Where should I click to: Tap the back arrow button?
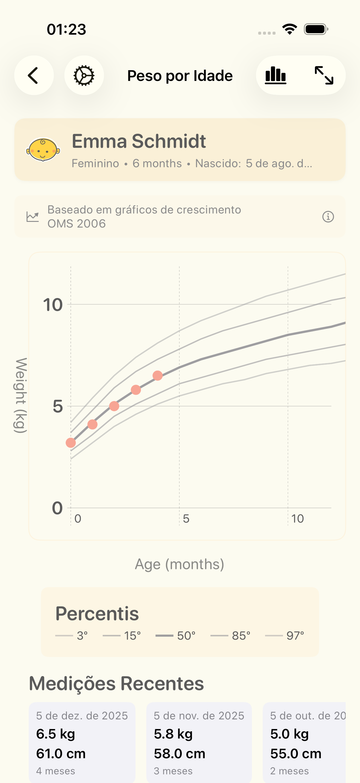[x=34, y=75]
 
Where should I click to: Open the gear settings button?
[x=84, y=75]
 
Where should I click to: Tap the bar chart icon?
[x=276, y=75]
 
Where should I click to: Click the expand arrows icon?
[x=324, y=75]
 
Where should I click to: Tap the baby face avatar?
[x=43, y=150]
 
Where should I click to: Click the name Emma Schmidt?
[x=139, y=141]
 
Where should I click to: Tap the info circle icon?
[x=328, y=217]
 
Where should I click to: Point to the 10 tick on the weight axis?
[x=53, y=305]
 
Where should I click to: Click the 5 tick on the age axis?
[x=186, y=518]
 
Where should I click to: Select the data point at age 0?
[x=71, y=443]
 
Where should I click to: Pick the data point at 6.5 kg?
[x=158, y=376]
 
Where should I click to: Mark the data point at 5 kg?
[x=114, y=406]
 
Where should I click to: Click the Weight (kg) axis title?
[x=21, y=395]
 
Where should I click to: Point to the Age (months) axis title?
[x=179, y=564]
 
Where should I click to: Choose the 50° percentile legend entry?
[x=176, y=635]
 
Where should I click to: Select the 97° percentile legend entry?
[x=285, y=635]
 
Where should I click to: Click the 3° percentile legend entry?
[x=72, y=635]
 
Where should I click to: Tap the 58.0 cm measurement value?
[x=179, y=753]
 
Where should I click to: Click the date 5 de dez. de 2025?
[x=82, y=716]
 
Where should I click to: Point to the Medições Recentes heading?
[x=116, y=684]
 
